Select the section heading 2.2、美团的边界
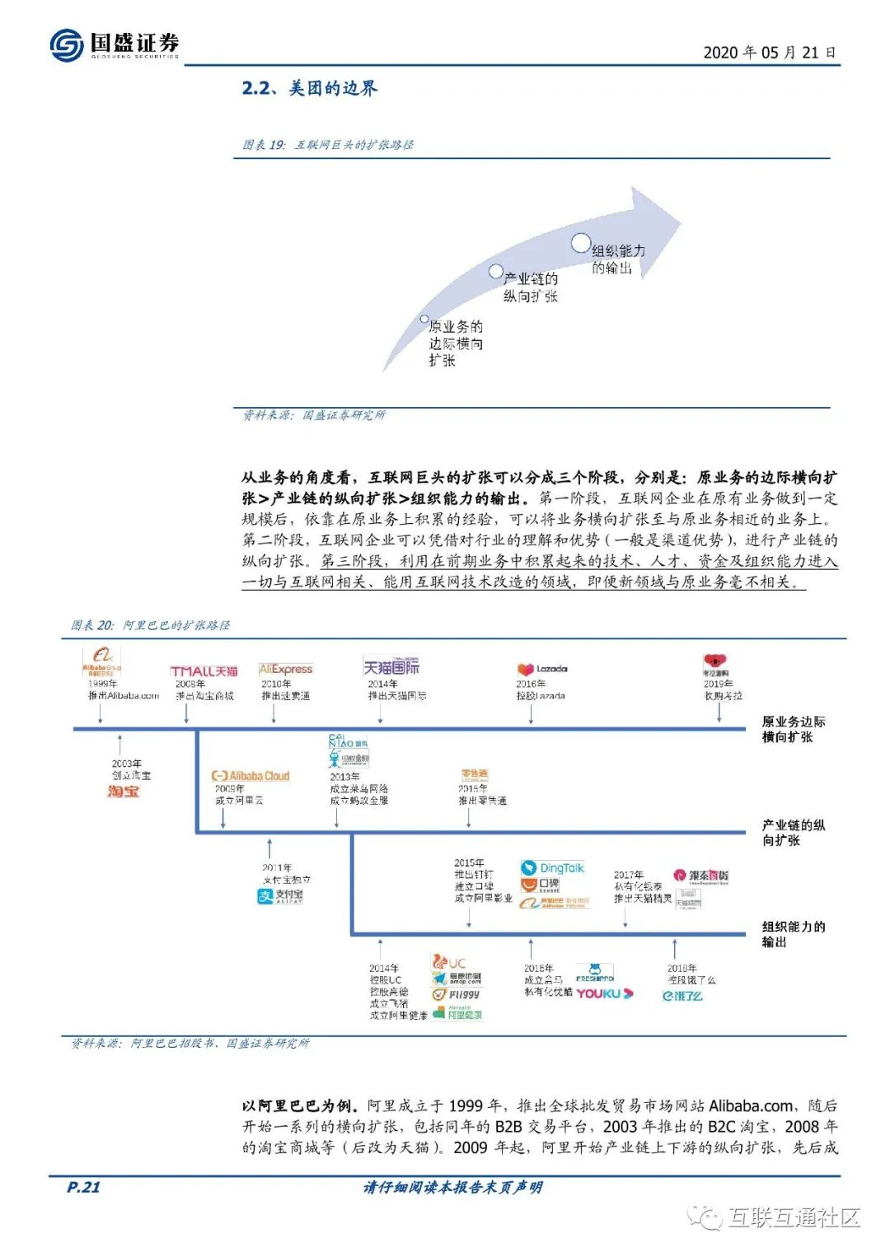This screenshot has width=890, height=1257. coord(309,88)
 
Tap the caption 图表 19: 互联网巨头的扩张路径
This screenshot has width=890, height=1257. coord(327,145)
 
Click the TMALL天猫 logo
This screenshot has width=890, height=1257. coord(204,671)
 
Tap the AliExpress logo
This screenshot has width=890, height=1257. coord(285,669)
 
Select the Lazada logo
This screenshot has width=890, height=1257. coord(541,670)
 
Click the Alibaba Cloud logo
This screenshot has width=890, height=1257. coord(251,776)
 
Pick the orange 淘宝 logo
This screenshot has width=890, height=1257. coord(124,792)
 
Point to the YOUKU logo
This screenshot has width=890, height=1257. coord(604,993)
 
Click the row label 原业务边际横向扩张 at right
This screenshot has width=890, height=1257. coord(792,729)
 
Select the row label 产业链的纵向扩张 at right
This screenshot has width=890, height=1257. coord(792,832)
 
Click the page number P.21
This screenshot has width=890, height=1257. coord(83,1187)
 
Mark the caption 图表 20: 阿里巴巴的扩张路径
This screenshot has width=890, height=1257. coord(150,625)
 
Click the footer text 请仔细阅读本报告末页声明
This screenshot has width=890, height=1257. coord(452,1187)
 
